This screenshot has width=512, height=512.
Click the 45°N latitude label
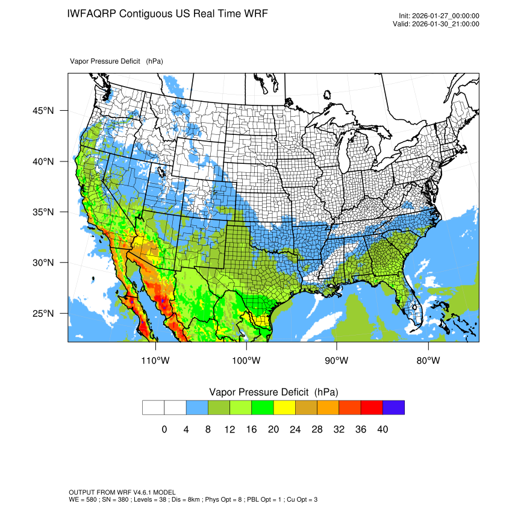tap(43, 111)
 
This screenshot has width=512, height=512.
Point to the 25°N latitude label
tap(43, 313)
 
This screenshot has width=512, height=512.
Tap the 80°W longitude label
tap(428, 361)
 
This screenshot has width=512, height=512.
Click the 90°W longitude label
tap(337, 361)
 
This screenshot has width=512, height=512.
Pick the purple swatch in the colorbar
tap(393, 408)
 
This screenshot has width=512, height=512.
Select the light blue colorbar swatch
tap(197, 408)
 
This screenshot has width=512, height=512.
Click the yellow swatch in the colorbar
tap(284, 408)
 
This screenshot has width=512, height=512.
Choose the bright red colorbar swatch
tap(371, 408)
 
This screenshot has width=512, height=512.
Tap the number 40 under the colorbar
tap(382, 429)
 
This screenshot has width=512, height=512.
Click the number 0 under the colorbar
tap(164, 429)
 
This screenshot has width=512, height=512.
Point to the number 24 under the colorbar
tap(295, 429)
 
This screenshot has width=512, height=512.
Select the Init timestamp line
tap(439, 16)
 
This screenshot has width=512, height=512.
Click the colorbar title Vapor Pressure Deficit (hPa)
tap(273, 392)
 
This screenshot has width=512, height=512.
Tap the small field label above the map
tap(116, 61)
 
